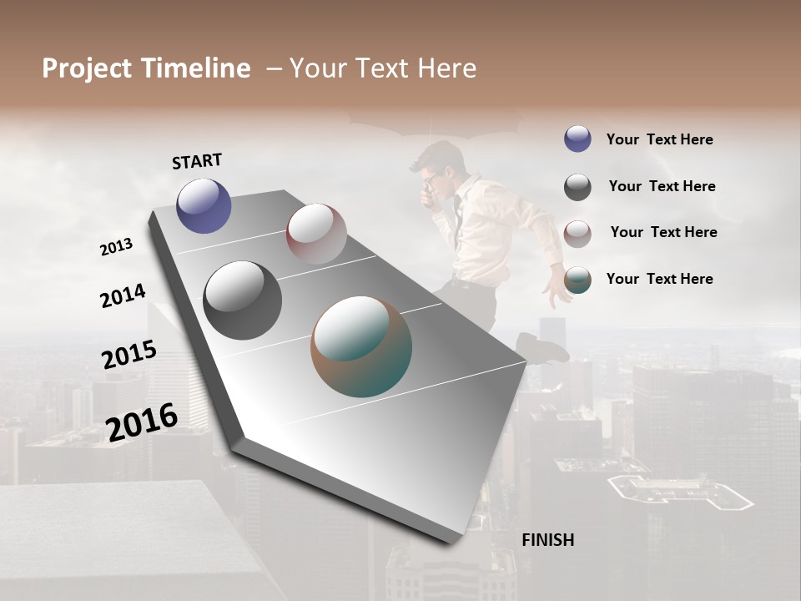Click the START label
pos(197,161)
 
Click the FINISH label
pos(547,540)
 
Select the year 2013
pos(116,247)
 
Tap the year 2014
pos(123,296)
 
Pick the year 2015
pos(129,355)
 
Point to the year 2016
pos(142,422)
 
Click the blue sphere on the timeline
pos(204,205)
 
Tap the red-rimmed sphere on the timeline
pos(316,233)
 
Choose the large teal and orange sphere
pos(361,346)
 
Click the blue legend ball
pos(577,139)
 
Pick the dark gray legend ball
pos(577,187)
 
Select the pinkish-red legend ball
pos(577,233)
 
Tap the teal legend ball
pos(577,280)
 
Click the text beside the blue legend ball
pos(659,139)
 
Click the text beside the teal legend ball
pos(659,279)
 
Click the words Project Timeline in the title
pos(146,68)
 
